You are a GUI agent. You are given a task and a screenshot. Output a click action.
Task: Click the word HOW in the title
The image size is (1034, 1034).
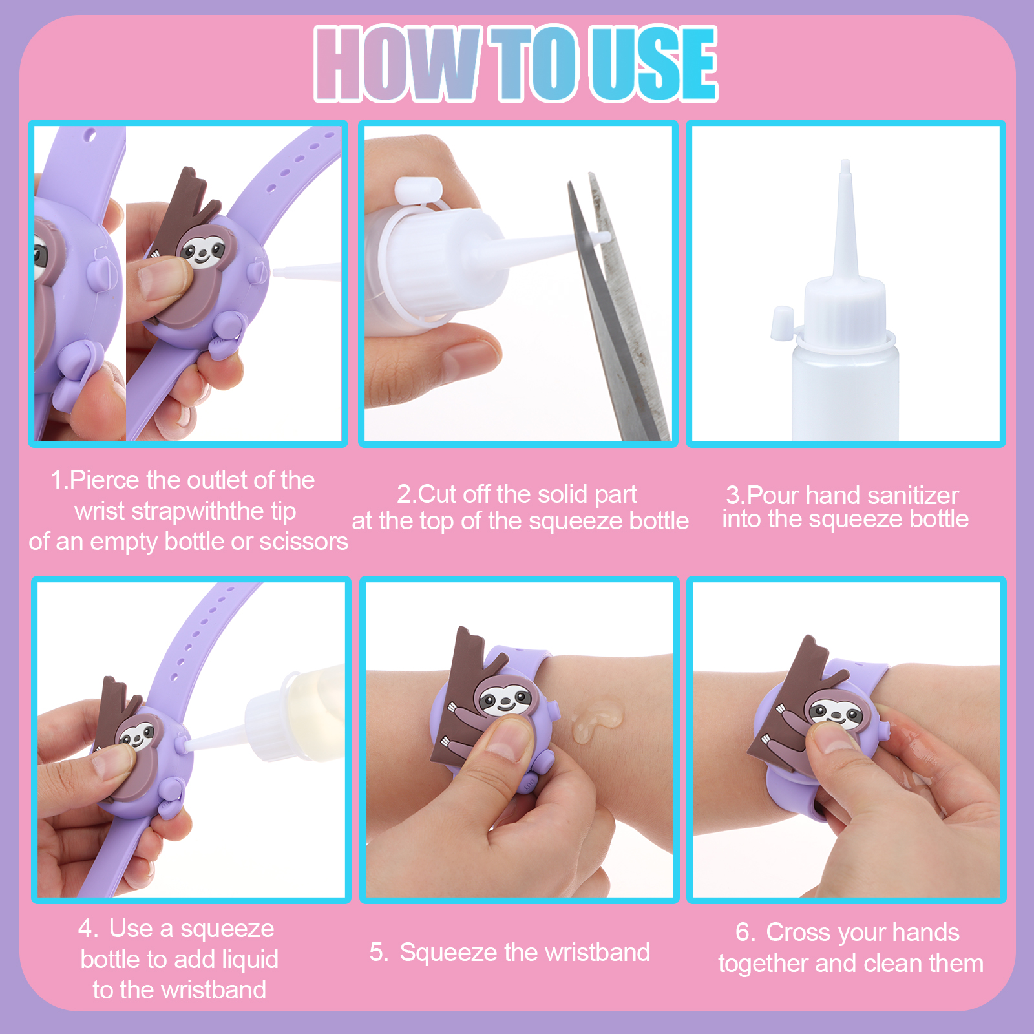397,63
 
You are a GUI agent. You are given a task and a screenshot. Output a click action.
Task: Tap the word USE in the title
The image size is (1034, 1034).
655,63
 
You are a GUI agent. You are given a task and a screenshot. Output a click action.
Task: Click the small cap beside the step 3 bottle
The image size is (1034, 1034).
782,322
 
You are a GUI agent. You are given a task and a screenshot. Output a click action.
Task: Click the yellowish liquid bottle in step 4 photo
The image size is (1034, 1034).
294,714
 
